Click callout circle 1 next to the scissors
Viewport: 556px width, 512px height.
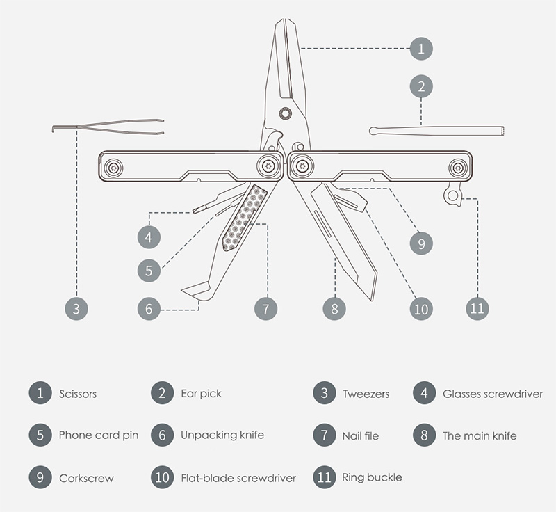point(421,48)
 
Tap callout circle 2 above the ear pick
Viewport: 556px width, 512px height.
point(421,87)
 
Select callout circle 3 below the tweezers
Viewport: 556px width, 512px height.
point(76,308)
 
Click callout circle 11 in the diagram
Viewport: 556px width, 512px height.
point(477,307)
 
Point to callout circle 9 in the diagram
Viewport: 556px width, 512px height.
point(420,243)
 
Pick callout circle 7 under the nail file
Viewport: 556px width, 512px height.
point(265,308)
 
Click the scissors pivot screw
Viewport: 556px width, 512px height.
point(285,113)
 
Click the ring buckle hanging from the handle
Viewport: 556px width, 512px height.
point(453,194)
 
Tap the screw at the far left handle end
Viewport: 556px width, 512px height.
point(113,167)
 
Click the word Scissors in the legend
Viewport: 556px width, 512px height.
point(78,394)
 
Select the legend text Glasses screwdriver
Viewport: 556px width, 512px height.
point(493,394)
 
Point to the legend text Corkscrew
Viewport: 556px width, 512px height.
point(86,478)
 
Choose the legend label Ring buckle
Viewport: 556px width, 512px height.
point(372,477)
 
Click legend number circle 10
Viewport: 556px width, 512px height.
point(163,477)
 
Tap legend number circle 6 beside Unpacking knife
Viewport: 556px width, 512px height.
point(162,435)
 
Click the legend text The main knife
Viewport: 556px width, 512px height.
point(480,435)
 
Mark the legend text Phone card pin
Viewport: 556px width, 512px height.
point(99,435)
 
